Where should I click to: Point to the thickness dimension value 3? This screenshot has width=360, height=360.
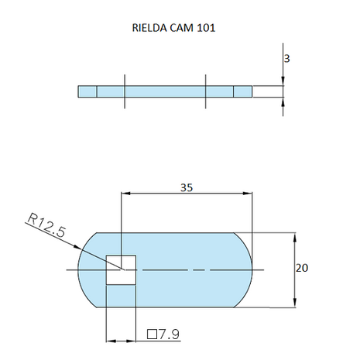pos(287,57)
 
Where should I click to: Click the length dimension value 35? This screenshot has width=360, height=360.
pos(187,186)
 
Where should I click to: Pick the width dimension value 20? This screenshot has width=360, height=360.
pos(302,268)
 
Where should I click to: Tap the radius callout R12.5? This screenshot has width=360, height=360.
pos(45,227)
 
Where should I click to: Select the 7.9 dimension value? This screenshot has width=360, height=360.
pos(168,334)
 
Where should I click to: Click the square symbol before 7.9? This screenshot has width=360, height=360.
pos(152,334)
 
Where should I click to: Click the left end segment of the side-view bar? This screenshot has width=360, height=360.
pos(87,91)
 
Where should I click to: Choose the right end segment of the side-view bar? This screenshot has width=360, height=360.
pos(243,91)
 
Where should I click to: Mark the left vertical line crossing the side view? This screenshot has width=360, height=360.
pos(124,91)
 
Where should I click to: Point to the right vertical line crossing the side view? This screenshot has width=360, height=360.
pos(206,91)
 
